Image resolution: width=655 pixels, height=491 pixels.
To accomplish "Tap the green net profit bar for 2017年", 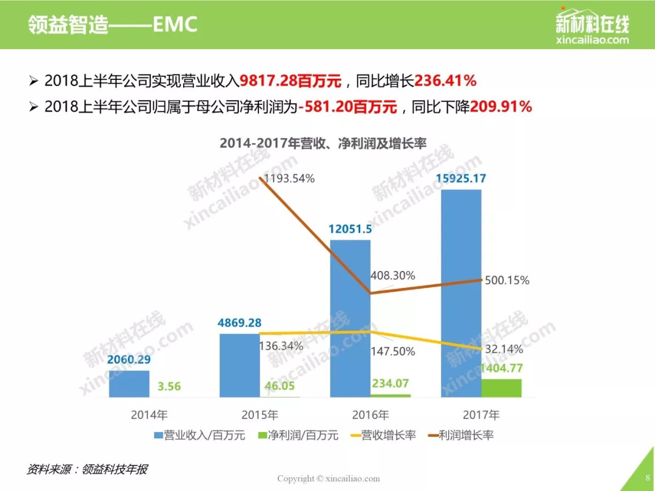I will (501, 388).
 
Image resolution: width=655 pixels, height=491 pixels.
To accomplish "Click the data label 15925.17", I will (462, 179).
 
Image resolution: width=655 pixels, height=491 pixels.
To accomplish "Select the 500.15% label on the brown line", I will (507, 280).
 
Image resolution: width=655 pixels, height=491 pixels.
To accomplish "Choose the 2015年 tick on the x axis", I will (260, 415).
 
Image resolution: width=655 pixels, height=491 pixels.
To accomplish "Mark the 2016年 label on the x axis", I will (371, 415).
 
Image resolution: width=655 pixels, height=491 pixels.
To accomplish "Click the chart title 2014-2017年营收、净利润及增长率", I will (323, 144).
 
